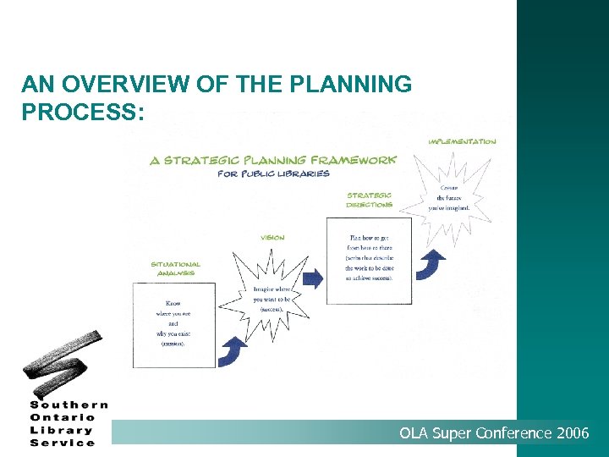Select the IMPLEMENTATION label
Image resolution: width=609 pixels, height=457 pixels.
coord(461,141)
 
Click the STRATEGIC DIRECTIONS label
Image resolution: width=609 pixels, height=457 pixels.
coord(369,200)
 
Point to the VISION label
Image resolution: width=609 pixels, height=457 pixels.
coord(272,238)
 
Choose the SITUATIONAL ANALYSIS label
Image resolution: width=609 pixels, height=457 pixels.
coord(175,268)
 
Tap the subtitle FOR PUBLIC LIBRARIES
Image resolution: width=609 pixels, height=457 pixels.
coord(273,173)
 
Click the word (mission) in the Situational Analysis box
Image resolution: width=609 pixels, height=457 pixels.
coord(173,344)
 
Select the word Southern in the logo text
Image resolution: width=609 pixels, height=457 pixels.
coord(69,405)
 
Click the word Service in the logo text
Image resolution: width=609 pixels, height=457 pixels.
coord(63,443)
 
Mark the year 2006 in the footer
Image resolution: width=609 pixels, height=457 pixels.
coord(573,434)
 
